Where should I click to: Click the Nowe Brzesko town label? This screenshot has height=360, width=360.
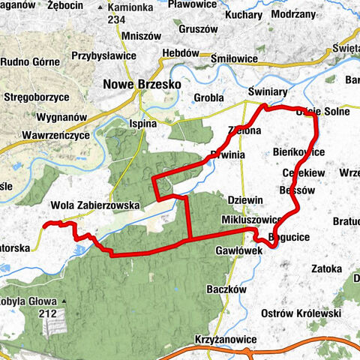click(142, 85)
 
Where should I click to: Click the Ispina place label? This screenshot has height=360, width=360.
click(142, 122)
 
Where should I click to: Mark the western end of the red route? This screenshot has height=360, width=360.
click(43, 224)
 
